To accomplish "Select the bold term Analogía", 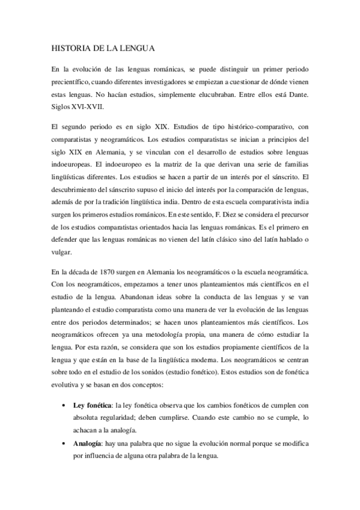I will tap(87, 443).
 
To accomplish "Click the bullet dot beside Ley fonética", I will tap(64, 406).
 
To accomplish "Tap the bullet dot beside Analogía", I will tap(64, 443).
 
